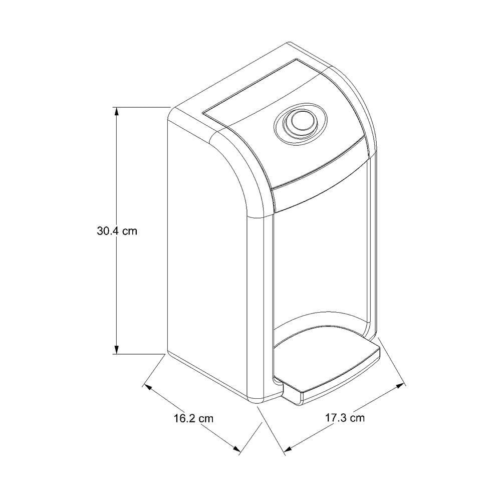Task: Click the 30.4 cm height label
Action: (117, 231)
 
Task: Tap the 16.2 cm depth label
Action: (193, 418)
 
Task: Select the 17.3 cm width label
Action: (344, 418)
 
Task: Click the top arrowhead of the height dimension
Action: (117, 111)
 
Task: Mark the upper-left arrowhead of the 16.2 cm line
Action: (148, 387)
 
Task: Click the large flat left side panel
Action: (210, 291)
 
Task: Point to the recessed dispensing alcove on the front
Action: (321, 261)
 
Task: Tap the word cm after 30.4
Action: (129, 231)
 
